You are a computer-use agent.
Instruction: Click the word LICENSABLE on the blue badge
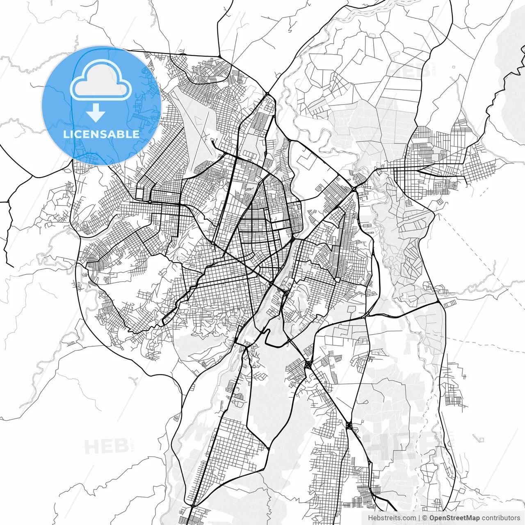(x=101, y=134)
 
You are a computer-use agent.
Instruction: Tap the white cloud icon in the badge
(x=101, y=80)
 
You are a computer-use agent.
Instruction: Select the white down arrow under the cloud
(x=96, y=113)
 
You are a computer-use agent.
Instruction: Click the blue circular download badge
(x=101, y=105)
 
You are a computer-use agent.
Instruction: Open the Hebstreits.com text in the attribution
(x=391, y=518)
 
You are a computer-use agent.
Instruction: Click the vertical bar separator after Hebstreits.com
(x=419, y=518)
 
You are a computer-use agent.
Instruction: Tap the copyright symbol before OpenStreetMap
(x=425, y=518)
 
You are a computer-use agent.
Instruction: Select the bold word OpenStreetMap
(x=454, y=518)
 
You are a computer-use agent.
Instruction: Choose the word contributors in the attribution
(x=501, y=518)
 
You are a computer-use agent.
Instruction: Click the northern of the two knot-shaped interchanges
(x=308, y=364)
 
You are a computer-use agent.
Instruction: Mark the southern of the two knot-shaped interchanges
(x=349, y=425)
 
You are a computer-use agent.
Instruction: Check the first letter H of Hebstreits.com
(x=370, y=518)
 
